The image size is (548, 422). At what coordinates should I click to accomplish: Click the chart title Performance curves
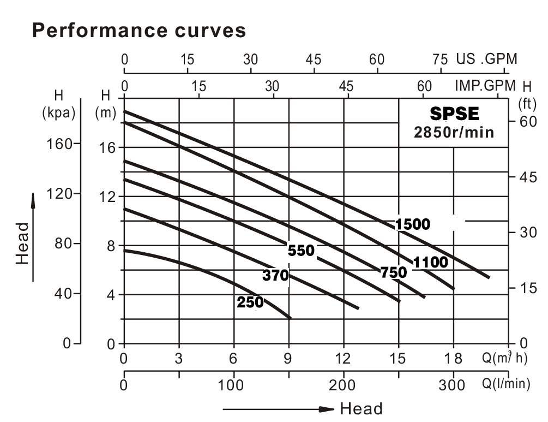139,31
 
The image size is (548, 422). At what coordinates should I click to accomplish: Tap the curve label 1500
413,224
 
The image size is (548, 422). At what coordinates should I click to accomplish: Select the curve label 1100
430,263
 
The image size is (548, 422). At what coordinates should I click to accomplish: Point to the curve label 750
394,272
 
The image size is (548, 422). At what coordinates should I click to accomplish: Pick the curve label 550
301,251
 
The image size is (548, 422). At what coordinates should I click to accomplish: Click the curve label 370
275,276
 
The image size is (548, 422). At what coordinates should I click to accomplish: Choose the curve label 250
250,302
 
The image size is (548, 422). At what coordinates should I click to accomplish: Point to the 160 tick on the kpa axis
60,144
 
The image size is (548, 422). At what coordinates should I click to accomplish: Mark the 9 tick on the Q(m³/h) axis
288,359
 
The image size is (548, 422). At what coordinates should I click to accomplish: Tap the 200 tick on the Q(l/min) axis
343,384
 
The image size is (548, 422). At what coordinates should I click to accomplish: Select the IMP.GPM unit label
485,86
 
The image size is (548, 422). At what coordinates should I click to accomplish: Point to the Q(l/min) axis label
505,384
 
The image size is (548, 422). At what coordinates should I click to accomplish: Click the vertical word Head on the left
22,243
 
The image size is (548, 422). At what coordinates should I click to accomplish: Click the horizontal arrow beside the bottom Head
278,409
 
